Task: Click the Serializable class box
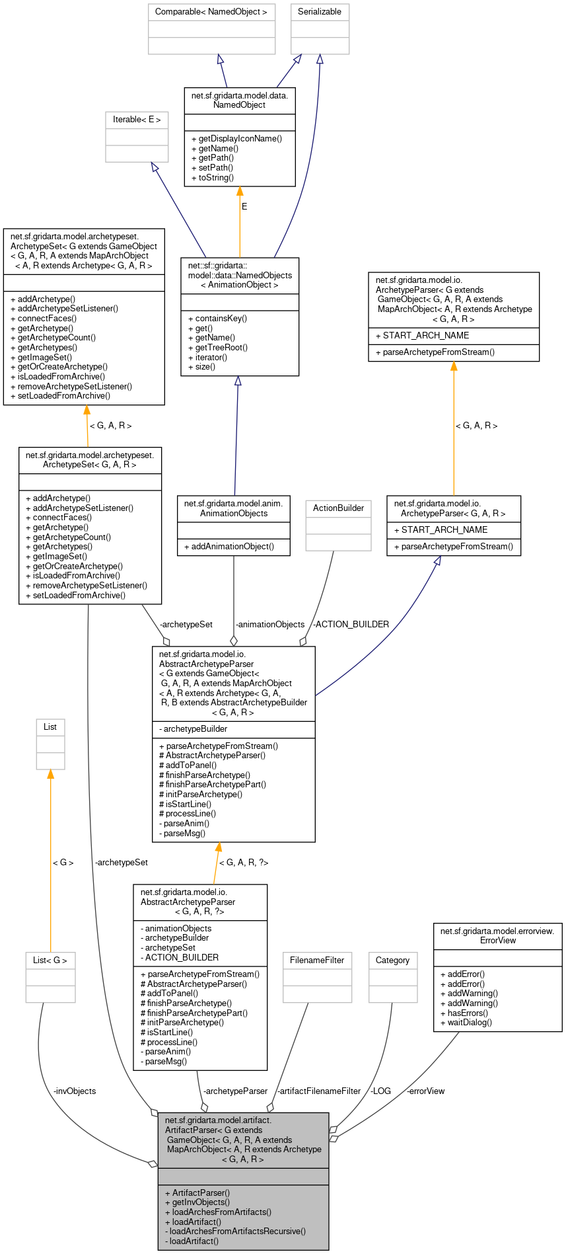click(320, 12)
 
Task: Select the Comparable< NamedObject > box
click(211, 12)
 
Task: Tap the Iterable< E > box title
click(137, 120)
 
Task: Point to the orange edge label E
click(244, 207)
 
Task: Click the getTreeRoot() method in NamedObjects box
click(221, 348)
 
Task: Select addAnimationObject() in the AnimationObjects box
click(229, 547)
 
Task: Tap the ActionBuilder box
click(338, 508)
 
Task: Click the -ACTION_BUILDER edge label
click(351, 625)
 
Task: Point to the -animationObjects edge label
click(270, 625)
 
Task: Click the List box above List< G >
click(50, 727)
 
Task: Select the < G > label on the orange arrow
click(63, 863)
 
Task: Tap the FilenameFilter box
click(317, 960)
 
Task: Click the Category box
click(392, 960)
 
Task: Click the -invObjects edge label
click(74, 1091)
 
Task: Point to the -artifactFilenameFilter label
click(319, 1091)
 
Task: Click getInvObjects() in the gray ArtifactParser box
click(200, 1202)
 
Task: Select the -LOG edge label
click(380, 1091)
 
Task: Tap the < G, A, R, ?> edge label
click(243, 863)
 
